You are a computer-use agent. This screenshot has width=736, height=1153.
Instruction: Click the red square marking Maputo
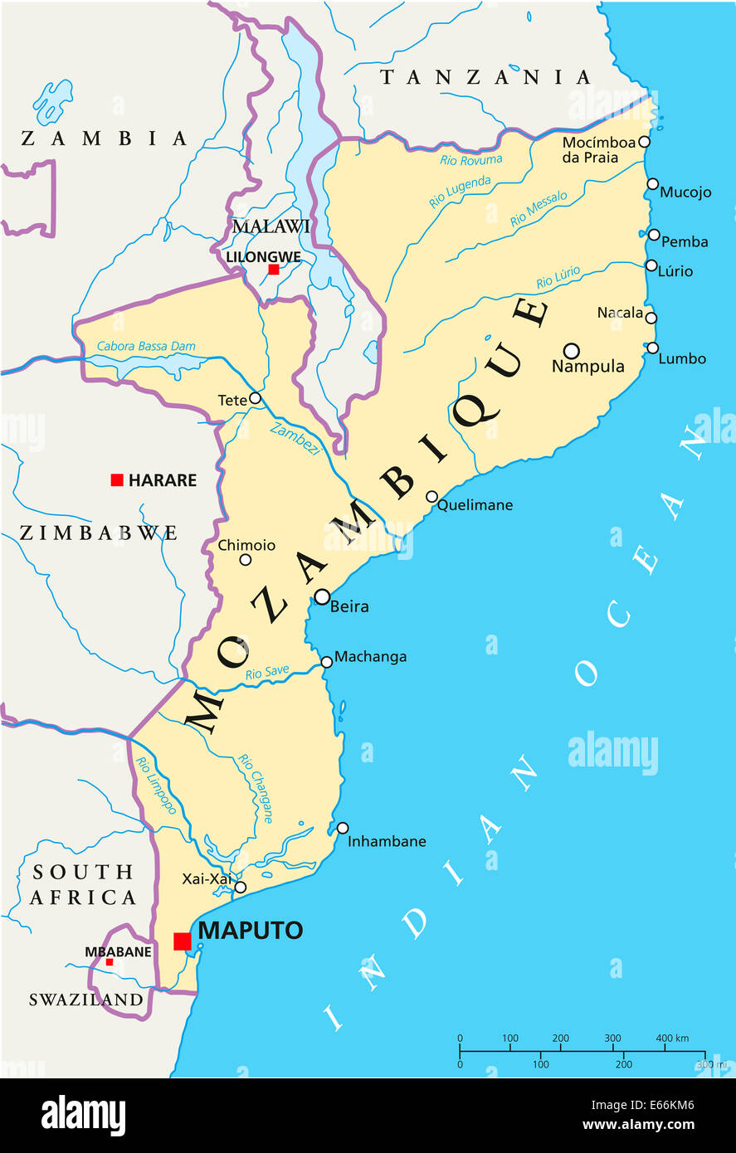182,941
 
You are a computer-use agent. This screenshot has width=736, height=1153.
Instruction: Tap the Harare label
162,480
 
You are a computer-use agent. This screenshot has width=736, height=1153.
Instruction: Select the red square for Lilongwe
273,270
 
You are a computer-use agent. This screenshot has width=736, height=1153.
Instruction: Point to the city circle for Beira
322,596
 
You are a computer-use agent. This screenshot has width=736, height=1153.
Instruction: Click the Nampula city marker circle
571,350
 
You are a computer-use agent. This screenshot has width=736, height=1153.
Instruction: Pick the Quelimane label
475,504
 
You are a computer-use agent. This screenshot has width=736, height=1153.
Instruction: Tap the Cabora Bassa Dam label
146,346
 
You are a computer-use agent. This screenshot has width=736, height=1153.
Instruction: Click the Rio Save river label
267,673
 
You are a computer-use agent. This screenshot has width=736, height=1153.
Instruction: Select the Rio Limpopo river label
156,785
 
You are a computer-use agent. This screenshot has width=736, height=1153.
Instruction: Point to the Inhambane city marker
343,828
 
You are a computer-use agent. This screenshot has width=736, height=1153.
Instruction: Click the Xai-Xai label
207,878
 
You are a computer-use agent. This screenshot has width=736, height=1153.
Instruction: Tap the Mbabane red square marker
109,962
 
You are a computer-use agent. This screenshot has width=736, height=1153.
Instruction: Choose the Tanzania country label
485,77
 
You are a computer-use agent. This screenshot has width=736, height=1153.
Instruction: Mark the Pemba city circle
654,235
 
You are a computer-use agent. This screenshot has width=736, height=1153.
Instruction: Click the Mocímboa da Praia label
597,149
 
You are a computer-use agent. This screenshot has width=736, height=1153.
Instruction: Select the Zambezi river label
295,439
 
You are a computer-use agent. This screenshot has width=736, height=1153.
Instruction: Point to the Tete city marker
255,398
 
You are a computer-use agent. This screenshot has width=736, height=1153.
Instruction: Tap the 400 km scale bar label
672,1038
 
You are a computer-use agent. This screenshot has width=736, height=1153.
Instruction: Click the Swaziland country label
86,1000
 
